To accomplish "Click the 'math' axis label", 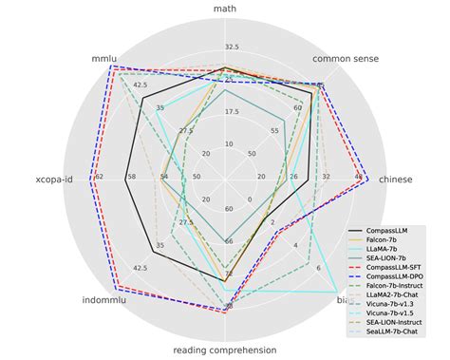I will coord(225,10).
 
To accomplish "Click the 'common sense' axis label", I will coord(346,60).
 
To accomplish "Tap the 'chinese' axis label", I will coord(396,179).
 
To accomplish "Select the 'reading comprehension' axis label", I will coord(225,350).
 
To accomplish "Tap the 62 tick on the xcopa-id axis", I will coord(99,177).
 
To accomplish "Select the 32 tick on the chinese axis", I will coord(326,177).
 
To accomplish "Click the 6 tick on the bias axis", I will coord(319,269).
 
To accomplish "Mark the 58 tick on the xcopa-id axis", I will coord(131,177).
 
